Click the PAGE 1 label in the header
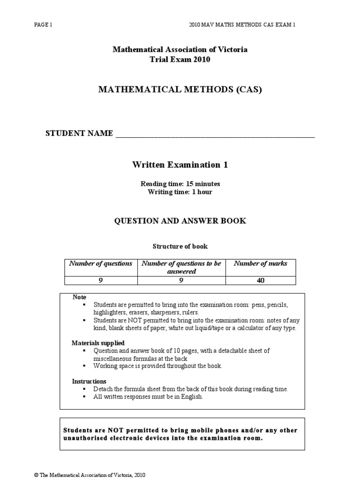[x=43, y=24]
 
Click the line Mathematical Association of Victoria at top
[x=180, y=50]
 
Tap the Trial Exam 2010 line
[x=180, y=59]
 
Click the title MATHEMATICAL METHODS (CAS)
[x=180, y=90]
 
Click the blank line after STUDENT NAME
[x=215, y=135]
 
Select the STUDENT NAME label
[x=79, y=134]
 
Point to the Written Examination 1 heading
[x=180, y=165]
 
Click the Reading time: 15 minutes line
[x=180, y=184]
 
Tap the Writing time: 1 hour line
[x=180, y=192]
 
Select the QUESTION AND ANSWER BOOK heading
[x=180, y=221]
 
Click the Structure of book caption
[x=180, y=246]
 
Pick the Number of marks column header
[x=267, y=263]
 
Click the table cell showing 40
[x=267, y=280]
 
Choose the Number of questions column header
[x=100, y=263]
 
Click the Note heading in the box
[x=79, y=297]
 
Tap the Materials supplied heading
[x=98, y=343]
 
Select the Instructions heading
[x=89, y=381]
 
